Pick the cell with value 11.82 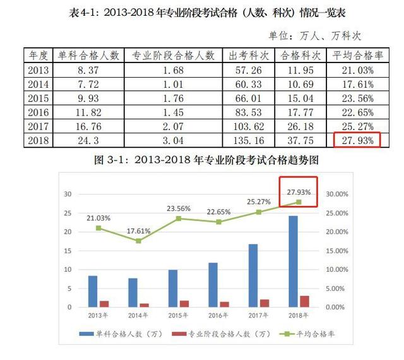click(85, 112)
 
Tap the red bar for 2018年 click(305, 301)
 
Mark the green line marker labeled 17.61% click(138, 241)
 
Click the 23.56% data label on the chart click(178, 208)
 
